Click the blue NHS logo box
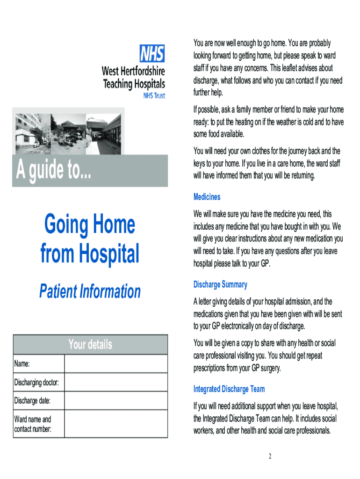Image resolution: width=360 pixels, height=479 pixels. point(152,54)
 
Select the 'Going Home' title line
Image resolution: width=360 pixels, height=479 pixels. point(90,225)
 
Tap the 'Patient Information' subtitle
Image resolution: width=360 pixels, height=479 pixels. point(90,291)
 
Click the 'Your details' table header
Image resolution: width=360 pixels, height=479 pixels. point(90,345)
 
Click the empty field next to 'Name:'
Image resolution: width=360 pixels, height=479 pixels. point(115,363)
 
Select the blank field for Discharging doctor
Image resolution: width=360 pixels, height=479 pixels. point(115,382)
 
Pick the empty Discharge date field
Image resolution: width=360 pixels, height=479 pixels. point(115,400)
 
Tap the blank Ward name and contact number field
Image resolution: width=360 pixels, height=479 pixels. point(115,424)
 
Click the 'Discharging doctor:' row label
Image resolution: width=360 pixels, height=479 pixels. point(36,383)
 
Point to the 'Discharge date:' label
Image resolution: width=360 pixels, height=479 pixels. point(32,401)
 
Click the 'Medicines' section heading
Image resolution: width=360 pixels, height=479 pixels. point(207,197)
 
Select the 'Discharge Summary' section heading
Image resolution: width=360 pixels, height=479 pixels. point(220,284)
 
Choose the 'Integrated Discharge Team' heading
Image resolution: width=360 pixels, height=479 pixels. point(229,389)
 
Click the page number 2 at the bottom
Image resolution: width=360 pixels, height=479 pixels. point(270,457)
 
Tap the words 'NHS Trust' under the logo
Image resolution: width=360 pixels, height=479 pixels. point(154,95)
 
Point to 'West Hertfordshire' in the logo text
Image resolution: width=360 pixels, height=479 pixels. point(133,72)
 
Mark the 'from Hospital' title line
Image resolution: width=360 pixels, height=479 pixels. point(90,254)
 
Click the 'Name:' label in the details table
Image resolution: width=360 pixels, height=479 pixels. point(22,364)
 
